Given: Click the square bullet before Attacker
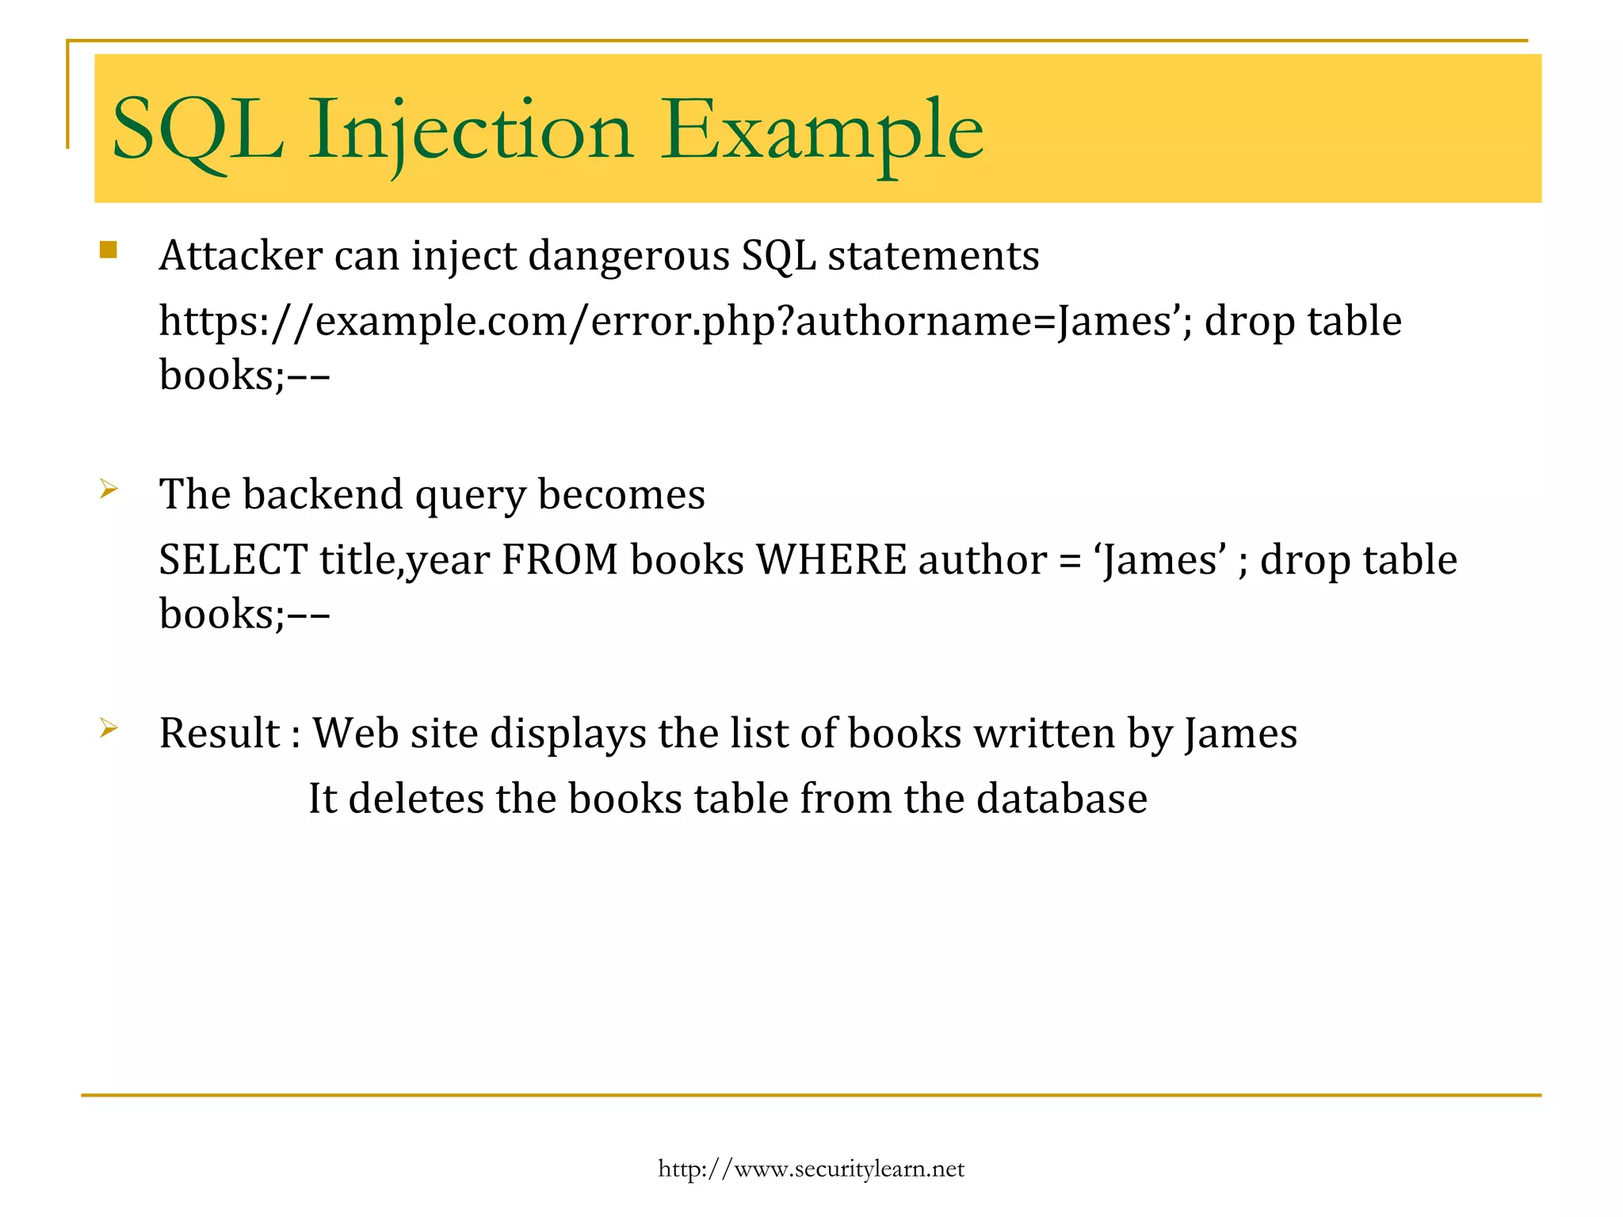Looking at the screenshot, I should pos(109,251).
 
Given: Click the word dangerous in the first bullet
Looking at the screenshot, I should pos(628,256).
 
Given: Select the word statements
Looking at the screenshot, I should pos(934,256).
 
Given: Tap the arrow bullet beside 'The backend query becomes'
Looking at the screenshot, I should pos(109,490).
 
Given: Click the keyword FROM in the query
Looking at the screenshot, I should pos(559,560).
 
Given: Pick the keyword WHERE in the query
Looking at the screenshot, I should pos(831,560).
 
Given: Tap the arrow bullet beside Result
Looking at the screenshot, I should pos(109,728).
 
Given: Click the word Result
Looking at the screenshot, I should pos(220,733).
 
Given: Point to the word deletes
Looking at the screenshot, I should pos(416,799).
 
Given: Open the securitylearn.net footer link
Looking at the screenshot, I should pos(811,1169).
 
